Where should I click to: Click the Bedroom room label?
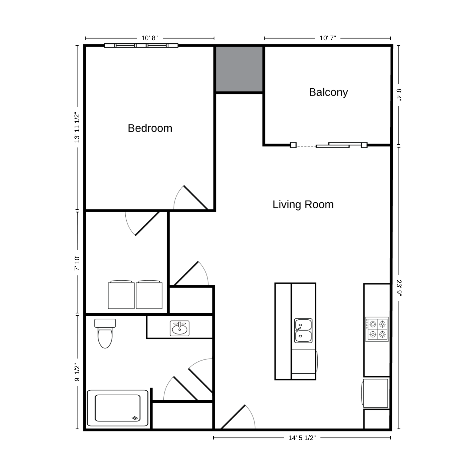click(x=150, y=128)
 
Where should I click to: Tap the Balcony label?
click(x=328, y=93)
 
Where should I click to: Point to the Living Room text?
click(x=303, y=204)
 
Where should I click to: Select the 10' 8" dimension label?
click(x=149, y=38)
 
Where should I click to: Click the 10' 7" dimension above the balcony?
click(x=328, y=38)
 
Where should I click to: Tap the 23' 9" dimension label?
click(x=399, y=288)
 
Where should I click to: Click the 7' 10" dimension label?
click(x=77, y=263)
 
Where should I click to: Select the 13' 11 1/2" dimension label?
click(x=77, y=127)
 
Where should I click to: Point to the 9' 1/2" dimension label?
click(x=77, y=372)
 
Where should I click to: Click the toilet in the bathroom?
click(x=105, y=333)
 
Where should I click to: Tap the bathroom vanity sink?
click(x=180, y=328)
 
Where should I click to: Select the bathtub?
click(x=118, y=408)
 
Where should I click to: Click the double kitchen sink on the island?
click(x=303, y=331)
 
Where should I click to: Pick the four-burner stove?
click(x=377, y=329)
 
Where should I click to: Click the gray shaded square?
click(x=239, y=69)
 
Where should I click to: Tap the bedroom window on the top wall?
click(x=141, y=45)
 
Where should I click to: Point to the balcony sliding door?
click(x=329, y=145)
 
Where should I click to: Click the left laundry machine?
click(x=121, y=295)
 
